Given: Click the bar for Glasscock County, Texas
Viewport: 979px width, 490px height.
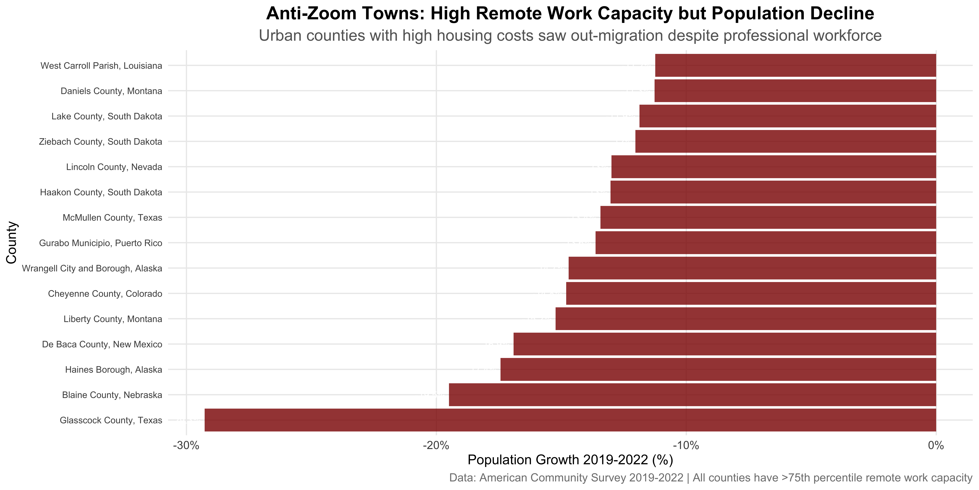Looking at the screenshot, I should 570,420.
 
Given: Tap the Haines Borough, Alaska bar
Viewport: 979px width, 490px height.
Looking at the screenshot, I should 718,369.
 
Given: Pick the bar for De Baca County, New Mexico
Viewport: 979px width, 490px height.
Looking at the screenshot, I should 725,344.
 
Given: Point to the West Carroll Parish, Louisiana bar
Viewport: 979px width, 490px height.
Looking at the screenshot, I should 795,65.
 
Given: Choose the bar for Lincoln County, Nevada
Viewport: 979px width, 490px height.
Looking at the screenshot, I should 774,167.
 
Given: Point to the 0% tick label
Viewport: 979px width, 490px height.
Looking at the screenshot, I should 936,445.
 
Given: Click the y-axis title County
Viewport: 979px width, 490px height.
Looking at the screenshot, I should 11,243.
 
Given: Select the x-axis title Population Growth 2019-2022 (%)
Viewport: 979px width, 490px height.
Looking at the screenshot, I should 570,460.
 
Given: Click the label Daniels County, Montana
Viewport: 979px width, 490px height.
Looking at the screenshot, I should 111,91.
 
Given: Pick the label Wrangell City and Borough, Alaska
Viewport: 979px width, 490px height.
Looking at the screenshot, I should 92,268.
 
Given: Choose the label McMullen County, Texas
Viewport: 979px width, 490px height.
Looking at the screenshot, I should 112,218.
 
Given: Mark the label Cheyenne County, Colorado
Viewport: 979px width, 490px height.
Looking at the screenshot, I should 105,294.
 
